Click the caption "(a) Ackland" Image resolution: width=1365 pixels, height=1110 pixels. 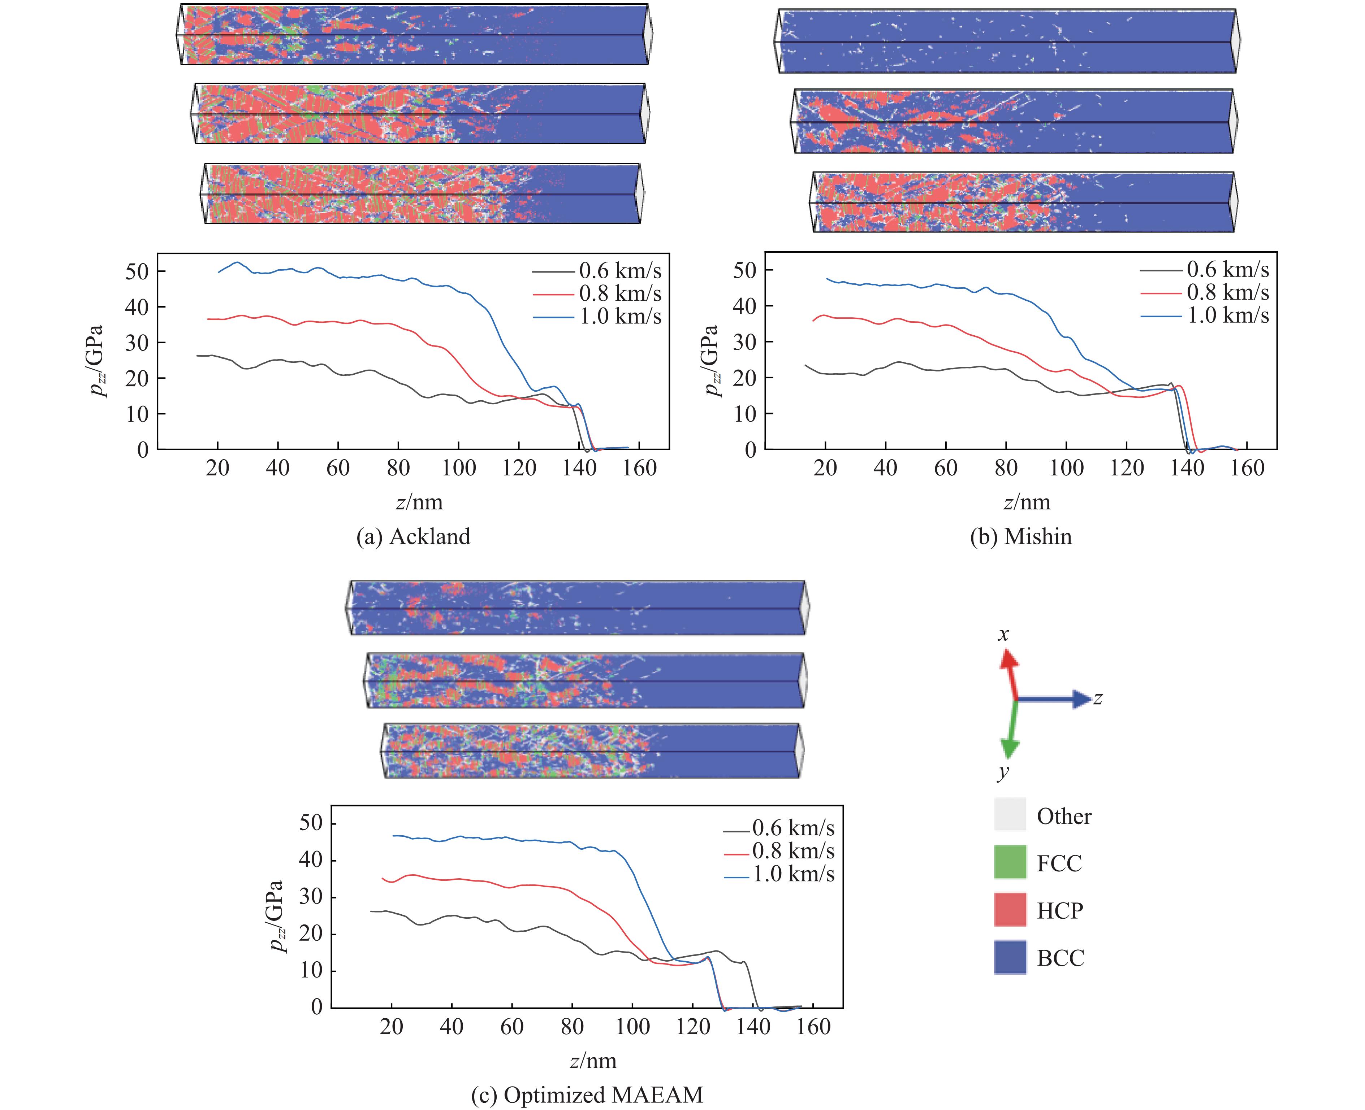click(x=413, y=536)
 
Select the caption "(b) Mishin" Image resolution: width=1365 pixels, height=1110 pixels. click(x=1021, y=536)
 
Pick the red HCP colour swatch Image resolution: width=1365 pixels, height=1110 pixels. click(x=1010, y=909)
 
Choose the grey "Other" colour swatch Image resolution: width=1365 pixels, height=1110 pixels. click(x=1010, y=815)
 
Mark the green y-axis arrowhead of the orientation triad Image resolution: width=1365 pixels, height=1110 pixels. click(x=1009, y=748)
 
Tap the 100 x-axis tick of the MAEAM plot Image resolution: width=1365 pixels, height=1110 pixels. click(x=632, y=1026)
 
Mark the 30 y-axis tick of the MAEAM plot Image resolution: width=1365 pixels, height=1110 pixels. click(x=311, y=896)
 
